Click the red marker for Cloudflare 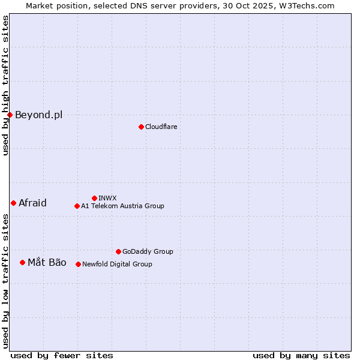141,127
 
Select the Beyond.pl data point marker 10,115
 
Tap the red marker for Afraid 13,203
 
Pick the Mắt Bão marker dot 22,262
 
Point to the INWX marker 94,198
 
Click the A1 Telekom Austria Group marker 77,206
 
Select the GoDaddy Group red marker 118,251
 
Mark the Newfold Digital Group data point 78,264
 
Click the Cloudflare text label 161,127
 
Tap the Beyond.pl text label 38,115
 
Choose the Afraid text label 32,203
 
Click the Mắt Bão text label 47,262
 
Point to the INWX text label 107,198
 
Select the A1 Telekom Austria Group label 122,206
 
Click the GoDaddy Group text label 148,251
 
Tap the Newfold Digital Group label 117,264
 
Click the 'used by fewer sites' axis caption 62,355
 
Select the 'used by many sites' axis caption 301,355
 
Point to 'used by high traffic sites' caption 5,85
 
